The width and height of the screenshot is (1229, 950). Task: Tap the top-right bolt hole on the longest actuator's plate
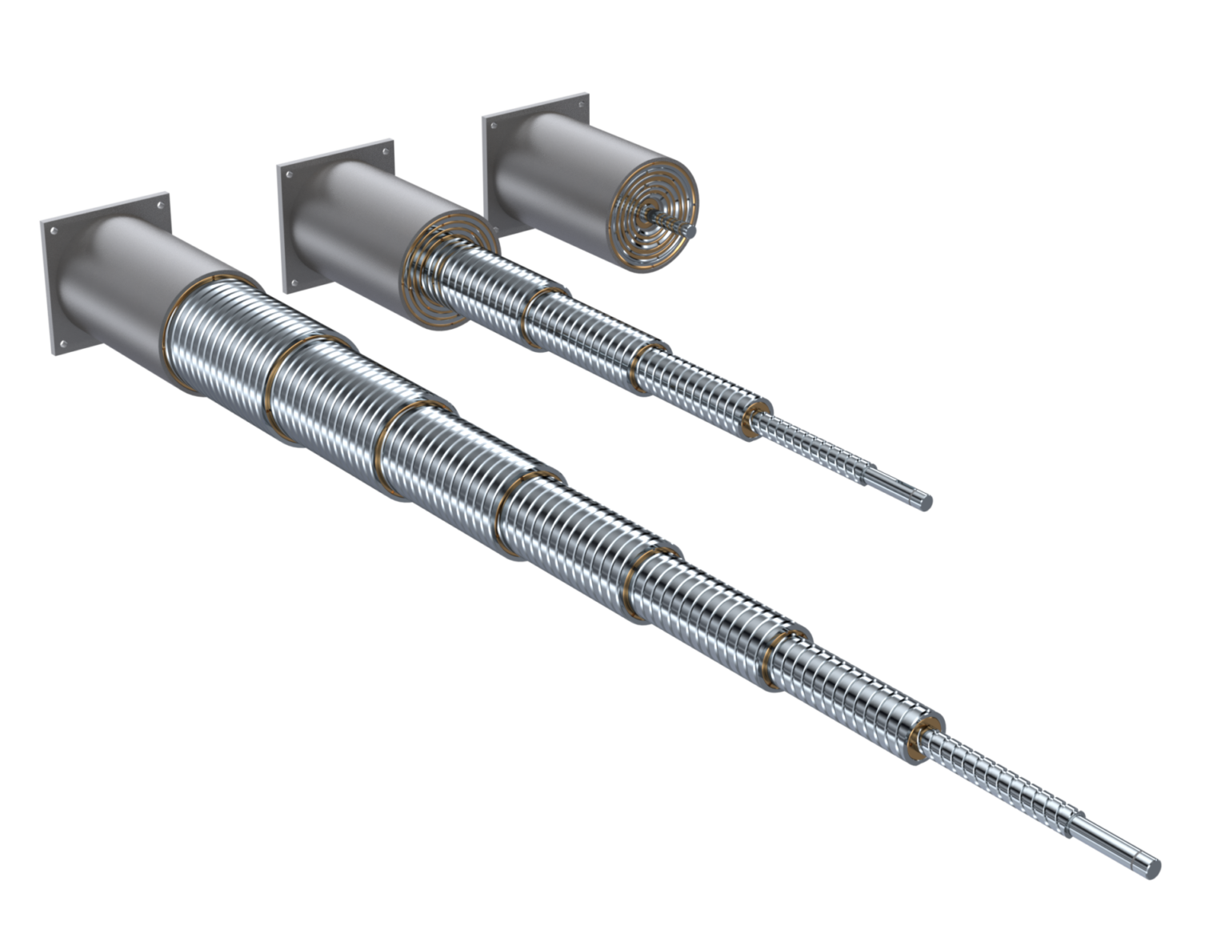pyautogui.click(x=160, y=204)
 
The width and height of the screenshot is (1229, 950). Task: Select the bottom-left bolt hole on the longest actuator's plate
pyautogui.click(x=58, y=344)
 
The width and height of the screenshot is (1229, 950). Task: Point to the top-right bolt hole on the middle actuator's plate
pyautogui.click(x=386, y=151)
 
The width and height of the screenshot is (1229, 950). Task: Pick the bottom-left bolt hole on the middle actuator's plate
pyautogui.click(x=291, y=281)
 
